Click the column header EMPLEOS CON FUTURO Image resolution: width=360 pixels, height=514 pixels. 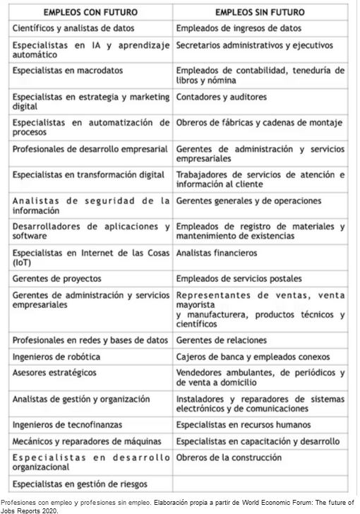point(91,13)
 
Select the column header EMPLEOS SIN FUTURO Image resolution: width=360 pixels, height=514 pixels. point(260,13)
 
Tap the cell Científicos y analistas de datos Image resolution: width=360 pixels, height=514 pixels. point(73,28)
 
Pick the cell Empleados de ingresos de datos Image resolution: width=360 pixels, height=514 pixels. point(239,28)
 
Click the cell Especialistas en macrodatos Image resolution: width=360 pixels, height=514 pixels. point(68,71)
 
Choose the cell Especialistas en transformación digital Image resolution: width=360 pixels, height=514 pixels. point(88,174)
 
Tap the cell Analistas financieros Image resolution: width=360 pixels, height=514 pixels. point(217,252)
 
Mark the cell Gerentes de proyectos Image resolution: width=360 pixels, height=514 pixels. point(57,278)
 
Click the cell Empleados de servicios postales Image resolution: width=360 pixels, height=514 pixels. point(239,278)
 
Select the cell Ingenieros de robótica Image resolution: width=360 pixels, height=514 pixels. point(56,356)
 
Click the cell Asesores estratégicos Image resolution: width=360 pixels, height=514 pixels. point(55,372)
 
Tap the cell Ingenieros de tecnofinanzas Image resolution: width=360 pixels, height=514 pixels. point(67,424)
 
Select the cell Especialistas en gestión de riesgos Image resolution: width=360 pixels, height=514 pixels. point(78,484)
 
